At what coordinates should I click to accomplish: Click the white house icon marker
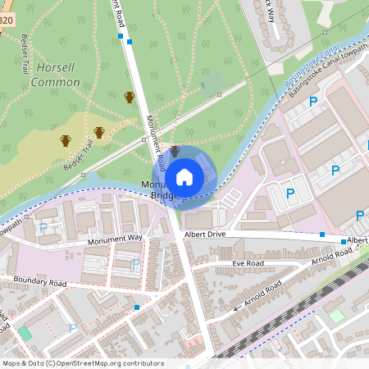(x=184, y=177)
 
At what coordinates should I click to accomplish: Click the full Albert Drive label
(x=204, y=234)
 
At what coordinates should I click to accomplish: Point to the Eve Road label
(x=248, y=263)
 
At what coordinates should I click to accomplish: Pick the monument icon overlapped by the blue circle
(x=175, y=152)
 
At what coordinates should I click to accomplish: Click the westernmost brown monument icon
(x=65, y=141)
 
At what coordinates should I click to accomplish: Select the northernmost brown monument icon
(x=129, y=98)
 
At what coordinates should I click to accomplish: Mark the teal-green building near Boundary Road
(x=25, y=333)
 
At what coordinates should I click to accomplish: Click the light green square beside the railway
(x=336, y=316)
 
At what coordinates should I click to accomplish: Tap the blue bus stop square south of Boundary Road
(x=137, y=307)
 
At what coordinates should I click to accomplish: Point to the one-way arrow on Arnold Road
(x=237, y=307)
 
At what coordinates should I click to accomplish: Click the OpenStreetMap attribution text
(x=83, y=363)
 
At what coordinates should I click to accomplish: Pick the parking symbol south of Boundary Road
(x=72, y=329)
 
